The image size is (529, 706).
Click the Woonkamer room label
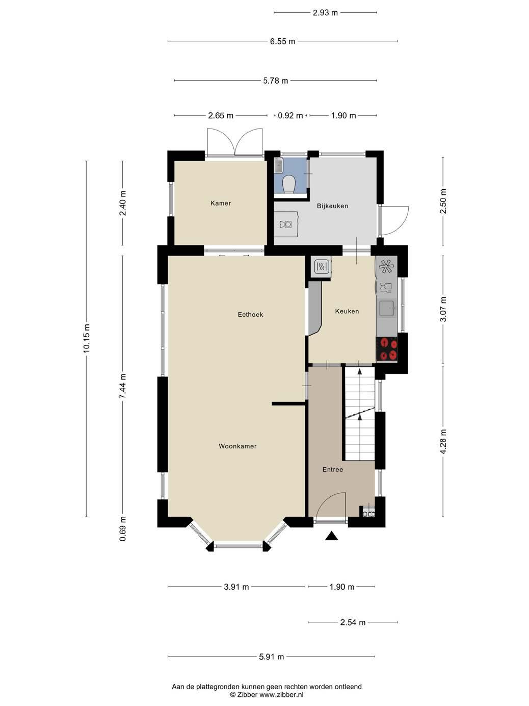coord(237,446)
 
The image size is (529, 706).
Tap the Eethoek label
coord(250,315)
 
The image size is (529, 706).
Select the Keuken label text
coord(347,311)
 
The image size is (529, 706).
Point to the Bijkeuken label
coord(332,206)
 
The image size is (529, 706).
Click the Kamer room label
coord(221,203)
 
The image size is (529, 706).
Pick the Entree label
coord(333,470)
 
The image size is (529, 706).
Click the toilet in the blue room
coord(289,185)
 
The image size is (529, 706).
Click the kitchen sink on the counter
coord(387,309)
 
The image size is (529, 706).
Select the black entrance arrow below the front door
coord(331,536)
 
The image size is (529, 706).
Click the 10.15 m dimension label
coord(87,338)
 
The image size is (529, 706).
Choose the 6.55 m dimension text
coord(282,41)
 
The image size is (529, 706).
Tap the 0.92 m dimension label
coord(290,115)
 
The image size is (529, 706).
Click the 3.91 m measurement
coord(236,587)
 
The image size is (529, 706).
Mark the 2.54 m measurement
coord(353,622)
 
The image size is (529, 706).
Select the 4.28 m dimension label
coord(443,442)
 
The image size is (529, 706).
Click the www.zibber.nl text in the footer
coord(281,695)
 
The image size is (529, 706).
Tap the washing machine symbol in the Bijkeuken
coord(285,224)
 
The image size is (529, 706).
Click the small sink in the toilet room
coord(278,166)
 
